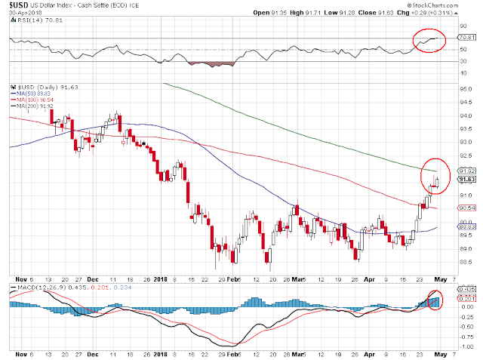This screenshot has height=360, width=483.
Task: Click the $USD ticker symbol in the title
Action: coord(20,5)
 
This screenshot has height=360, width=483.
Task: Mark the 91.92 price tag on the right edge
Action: coord(466,171)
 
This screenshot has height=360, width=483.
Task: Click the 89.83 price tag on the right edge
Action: coord(466,226)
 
